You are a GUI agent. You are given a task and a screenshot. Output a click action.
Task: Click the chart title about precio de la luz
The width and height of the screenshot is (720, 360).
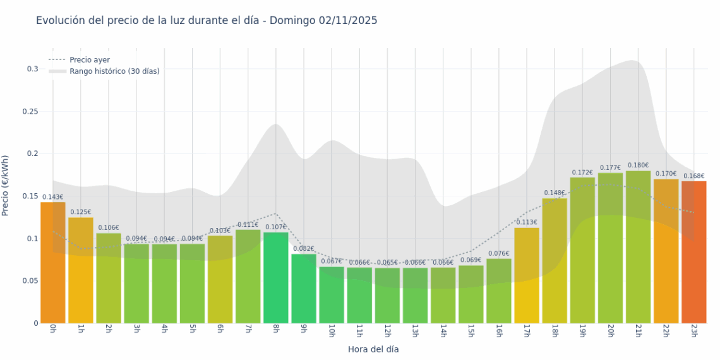tap(207, 21)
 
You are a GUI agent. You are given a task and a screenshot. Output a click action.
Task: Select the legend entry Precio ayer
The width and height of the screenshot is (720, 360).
tap(89, 60)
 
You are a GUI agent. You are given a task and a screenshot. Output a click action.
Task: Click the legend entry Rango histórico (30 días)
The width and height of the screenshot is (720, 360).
tap(114, 71)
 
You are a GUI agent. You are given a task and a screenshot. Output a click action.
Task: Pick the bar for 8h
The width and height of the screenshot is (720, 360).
tap(276, 278)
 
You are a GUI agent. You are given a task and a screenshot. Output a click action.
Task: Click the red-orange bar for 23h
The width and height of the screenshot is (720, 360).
tap(693, 252)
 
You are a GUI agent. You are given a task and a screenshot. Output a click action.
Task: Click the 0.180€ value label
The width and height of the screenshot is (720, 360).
tap(638, 165)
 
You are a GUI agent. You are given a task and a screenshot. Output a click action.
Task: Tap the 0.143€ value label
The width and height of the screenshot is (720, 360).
tap(53, 197)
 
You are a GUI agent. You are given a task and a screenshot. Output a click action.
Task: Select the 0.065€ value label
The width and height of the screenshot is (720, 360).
tap(387, 263)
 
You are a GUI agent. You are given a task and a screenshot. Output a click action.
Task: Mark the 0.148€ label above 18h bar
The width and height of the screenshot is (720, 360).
tap(555, 193)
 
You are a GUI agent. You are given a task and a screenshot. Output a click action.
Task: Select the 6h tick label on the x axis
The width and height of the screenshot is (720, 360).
tap(220, 331)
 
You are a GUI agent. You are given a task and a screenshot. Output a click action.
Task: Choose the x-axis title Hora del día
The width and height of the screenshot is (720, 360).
tap(373, 349)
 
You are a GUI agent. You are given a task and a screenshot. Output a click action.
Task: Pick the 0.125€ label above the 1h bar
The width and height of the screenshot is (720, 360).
tap(81, 212)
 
